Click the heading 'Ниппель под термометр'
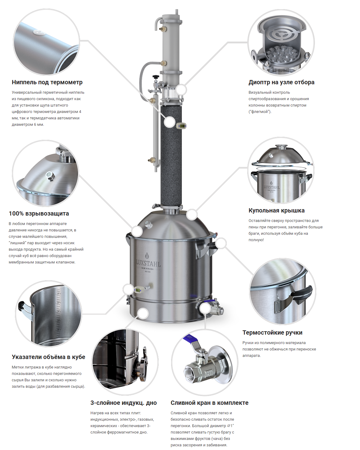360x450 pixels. [47, 82]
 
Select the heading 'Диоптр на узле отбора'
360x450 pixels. [281, 82]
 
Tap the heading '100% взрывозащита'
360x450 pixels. [39, 213]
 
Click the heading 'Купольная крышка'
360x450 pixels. [276, 210]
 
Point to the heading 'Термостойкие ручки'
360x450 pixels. [272, 332]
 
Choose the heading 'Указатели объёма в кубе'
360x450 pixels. [48, 357]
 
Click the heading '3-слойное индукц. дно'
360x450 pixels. [123, 403]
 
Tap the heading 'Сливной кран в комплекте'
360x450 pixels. [209, 403]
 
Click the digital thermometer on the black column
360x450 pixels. [182, 126]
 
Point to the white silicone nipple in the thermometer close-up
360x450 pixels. [39, 32]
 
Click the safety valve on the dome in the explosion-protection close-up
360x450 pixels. [50, 176]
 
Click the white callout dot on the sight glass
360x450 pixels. [181, 90]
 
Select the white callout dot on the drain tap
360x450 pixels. [205, 308]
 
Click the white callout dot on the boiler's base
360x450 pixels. [143, 314]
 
